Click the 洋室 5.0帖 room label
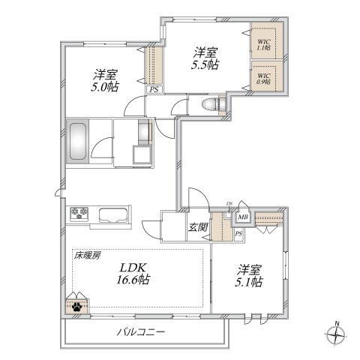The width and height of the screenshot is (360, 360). [x=105, y=81]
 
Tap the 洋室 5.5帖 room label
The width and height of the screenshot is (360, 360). [x=205, y=58]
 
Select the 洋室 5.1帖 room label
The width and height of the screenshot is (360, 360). [x=248, y=274]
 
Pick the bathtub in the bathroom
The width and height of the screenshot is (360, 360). [x=79, y=140]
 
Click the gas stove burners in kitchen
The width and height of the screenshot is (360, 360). [x=80, y=214]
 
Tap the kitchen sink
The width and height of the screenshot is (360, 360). [x=114, y=215]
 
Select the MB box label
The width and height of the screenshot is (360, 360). [x=243, y=218]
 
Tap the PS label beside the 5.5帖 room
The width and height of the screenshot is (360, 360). [x=154, y=90]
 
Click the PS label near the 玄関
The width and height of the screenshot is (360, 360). [x=238, y=235]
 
